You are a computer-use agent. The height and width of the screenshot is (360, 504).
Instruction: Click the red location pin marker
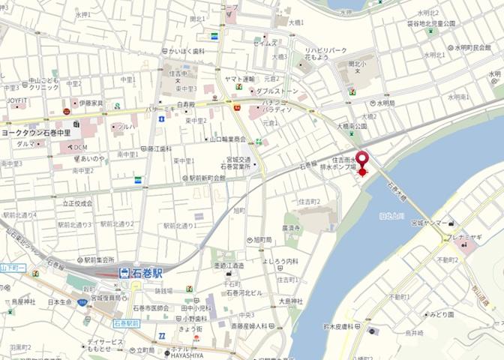362,161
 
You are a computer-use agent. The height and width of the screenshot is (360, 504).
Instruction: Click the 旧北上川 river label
391,216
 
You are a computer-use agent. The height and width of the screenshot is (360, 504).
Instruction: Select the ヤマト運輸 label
240,79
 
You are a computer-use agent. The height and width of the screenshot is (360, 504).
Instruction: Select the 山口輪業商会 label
227,139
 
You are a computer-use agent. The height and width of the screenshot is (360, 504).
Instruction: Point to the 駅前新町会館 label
206,178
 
